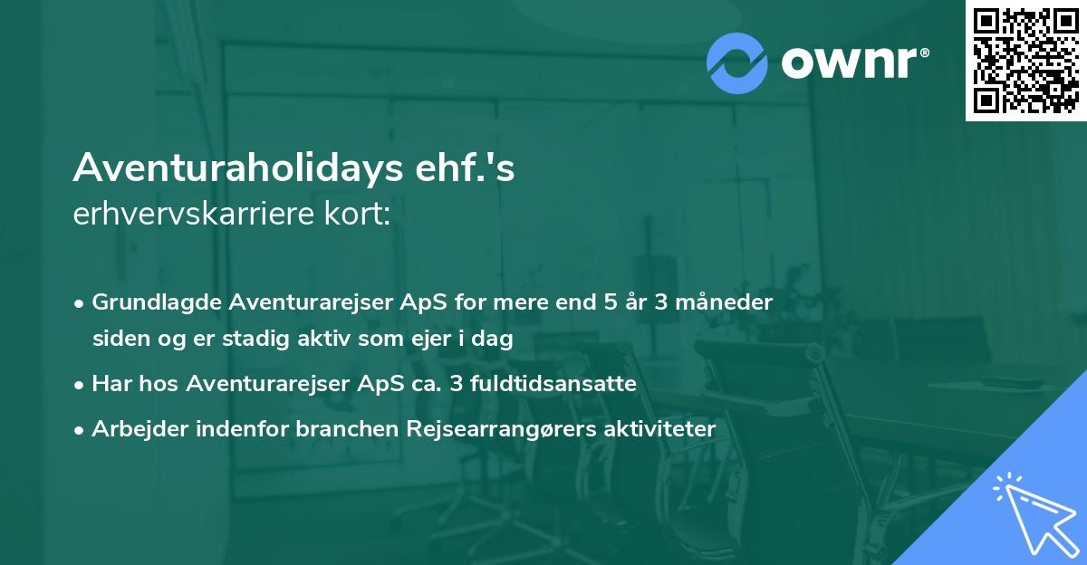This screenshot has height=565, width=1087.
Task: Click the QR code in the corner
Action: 1025,61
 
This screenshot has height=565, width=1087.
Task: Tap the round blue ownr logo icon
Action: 737,63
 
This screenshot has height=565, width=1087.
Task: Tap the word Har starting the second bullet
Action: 111,384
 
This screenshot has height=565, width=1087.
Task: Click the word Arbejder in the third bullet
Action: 134,428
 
